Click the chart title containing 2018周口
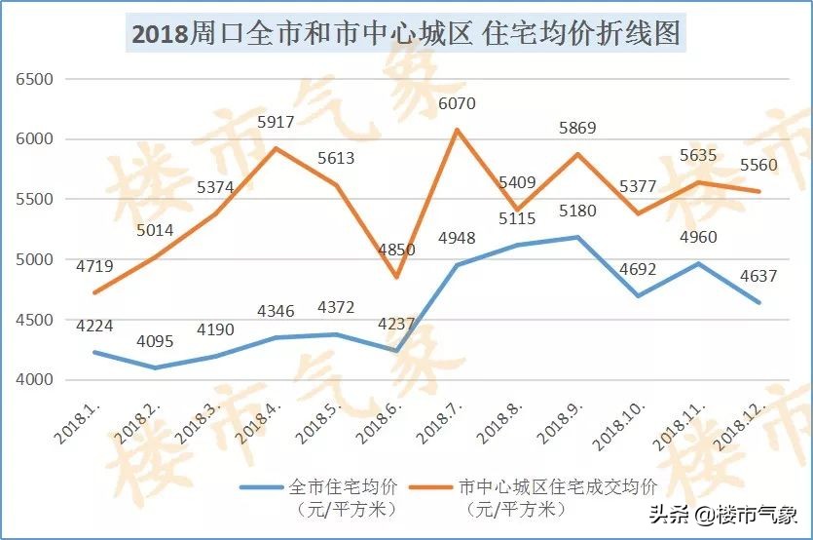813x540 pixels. pyautogui.click(x=406, y=34)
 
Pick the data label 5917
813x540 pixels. pyautogui.click(x=276, y=123)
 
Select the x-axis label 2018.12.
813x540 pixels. pyautogui.click(x=737, y=429)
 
